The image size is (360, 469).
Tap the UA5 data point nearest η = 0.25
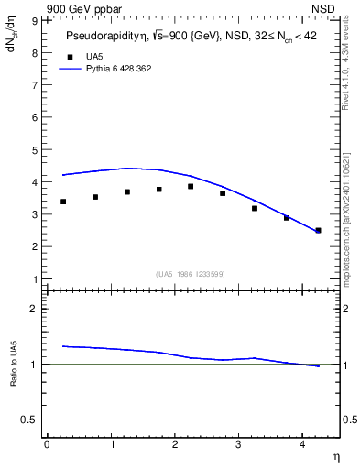pos(63,202)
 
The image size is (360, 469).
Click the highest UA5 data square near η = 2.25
pos(191,187)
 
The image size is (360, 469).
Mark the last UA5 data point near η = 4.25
pos(318,230)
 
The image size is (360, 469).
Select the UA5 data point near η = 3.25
pos(255,208)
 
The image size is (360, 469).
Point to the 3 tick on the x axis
pos(238,444)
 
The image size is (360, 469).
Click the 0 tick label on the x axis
pos(47,444)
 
